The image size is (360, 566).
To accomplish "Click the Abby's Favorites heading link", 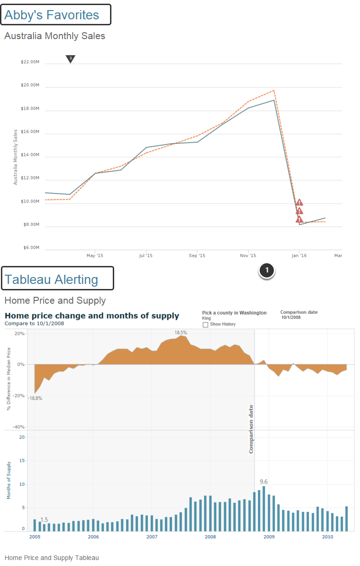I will coord(52,15).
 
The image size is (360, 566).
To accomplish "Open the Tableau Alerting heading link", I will coord(51,279).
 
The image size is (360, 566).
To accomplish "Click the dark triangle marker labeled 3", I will coord(70,58).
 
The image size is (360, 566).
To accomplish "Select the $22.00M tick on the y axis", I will coord(30,62).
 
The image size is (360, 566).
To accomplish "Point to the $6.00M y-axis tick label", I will coord(30,248).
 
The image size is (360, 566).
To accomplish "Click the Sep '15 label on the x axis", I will coord(197,255).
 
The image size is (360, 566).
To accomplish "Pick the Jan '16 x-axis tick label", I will coord(299,255).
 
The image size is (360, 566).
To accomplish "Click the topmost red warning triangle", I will coord(300,202).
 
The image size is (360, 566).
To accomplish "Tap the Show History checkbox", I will coord(205,324).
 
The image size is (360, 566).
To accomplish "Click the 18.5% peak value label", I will coord(181,332).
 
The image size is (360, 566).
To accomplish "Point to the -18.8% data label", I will coord(35,398).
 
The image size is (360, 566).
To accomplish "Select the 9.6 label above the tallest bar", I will coord(264,482).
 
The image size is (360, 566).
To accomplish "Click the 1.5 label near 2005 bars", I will coord(44,520).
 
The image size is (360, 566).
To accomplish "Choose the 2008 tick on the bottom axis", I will coord(210,537).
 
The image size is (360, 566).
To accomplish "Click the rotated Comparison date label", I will coord(251,429).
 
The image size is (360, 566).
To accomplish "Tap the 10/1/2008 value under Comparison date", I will coord(291,318).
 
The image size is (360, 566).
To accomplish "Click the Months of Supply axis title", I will coord(8,480).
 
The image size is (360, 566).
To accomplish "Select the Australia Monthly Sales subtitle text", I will coord(55,35).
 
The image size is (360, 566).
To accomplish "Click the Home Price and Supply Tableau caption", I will coord(52,558).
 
